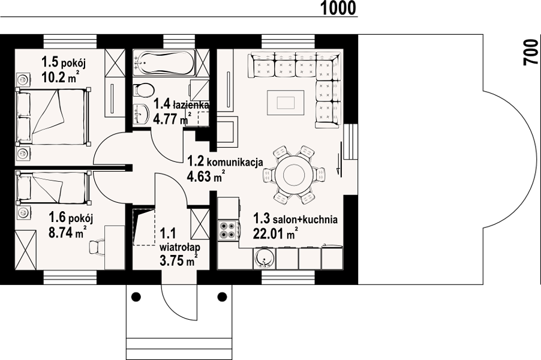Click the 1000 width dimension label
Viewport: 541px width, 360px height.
[338, 8]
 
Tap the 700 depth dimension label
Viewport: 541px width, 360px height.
[531, 52]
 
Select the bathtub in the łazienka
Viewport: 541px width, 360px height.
[164, 63]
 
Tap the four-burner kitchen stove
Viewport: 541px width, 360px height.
[228, 230]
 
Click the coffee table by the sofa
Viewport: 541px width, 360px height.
[285, 103]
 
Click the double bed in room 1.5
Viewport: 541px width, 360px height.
[53, 116]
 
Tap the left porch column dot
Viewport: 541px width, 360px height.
[136, 296]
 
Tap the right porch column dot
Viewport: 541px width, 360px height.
[222, 296]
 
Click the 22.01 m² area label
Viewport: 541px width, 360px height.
[275, 233]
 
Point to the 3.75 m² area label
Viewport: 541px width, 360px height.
[178, 260]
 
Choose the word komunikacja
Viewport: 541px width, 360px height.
[236, 162]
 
